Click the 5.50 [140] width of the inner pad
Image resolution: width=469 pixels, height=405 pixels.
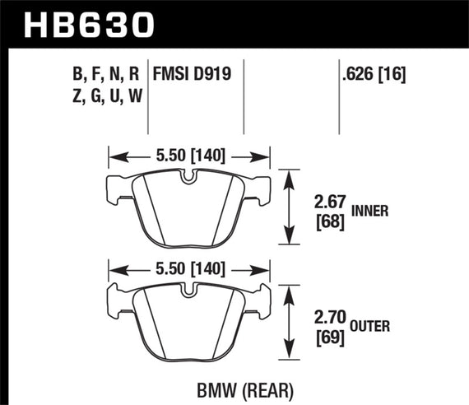[x=191, y=154]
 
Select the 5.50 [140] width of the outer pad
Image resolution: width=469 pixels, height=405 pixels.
[x=191, y=268]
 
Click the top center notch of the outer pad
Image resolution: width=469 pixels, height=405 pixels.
[x=190, y=291]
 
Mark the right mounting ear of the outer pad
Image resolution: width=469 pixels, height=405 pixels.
[x=265, y=300]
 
